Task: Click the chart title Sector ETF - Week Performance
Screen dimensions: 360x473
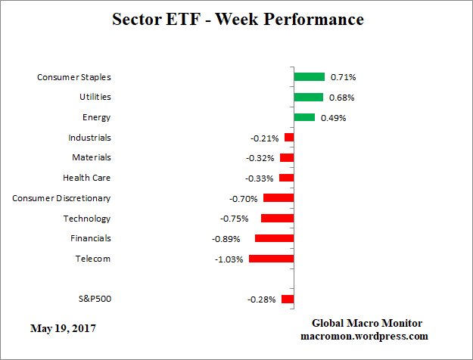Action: click(238, 19)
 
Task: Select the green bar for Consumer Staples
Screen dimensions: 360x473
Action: click(309, 76)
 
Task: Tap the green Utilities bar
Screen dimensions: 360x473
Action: click(308, 97)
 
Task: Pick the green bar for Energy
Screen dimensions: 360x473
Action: click(304, 117)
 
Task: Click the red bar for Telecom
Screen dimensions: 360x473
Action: click(271, 259)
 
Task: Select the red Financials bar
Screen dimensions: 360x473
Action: click(274, 238)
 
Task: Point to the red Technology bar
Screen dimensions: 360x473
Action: click(277, 218)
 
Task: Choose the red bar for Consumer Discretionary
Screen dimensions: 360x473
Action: click(279, 198)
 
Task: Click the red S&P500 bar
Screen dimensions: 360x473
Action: click(288, 299)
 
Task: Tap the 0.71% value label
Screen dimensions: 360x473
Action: click(343, 77)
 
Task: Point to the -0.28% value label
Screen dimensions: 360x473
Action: click(262, 299)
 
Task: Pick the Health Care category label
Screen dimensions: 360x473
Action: click(86, 178)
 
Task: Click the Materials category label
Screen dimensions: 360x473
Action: click(91, 157)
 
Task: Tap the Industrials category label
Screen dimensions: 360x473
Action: click(89, 138)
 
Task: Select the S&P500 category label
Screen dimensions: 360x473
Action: click(95, 299)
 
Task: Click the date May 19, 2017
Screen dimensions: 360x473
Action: click(64, 328)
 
